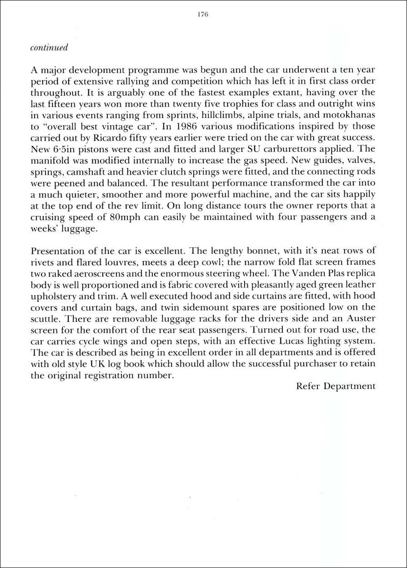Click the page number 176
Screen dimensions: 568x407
pyautogui.click(x=203, y=15)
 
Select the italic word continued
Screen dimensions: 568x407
pyautogui.click(x=49, y=48)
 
